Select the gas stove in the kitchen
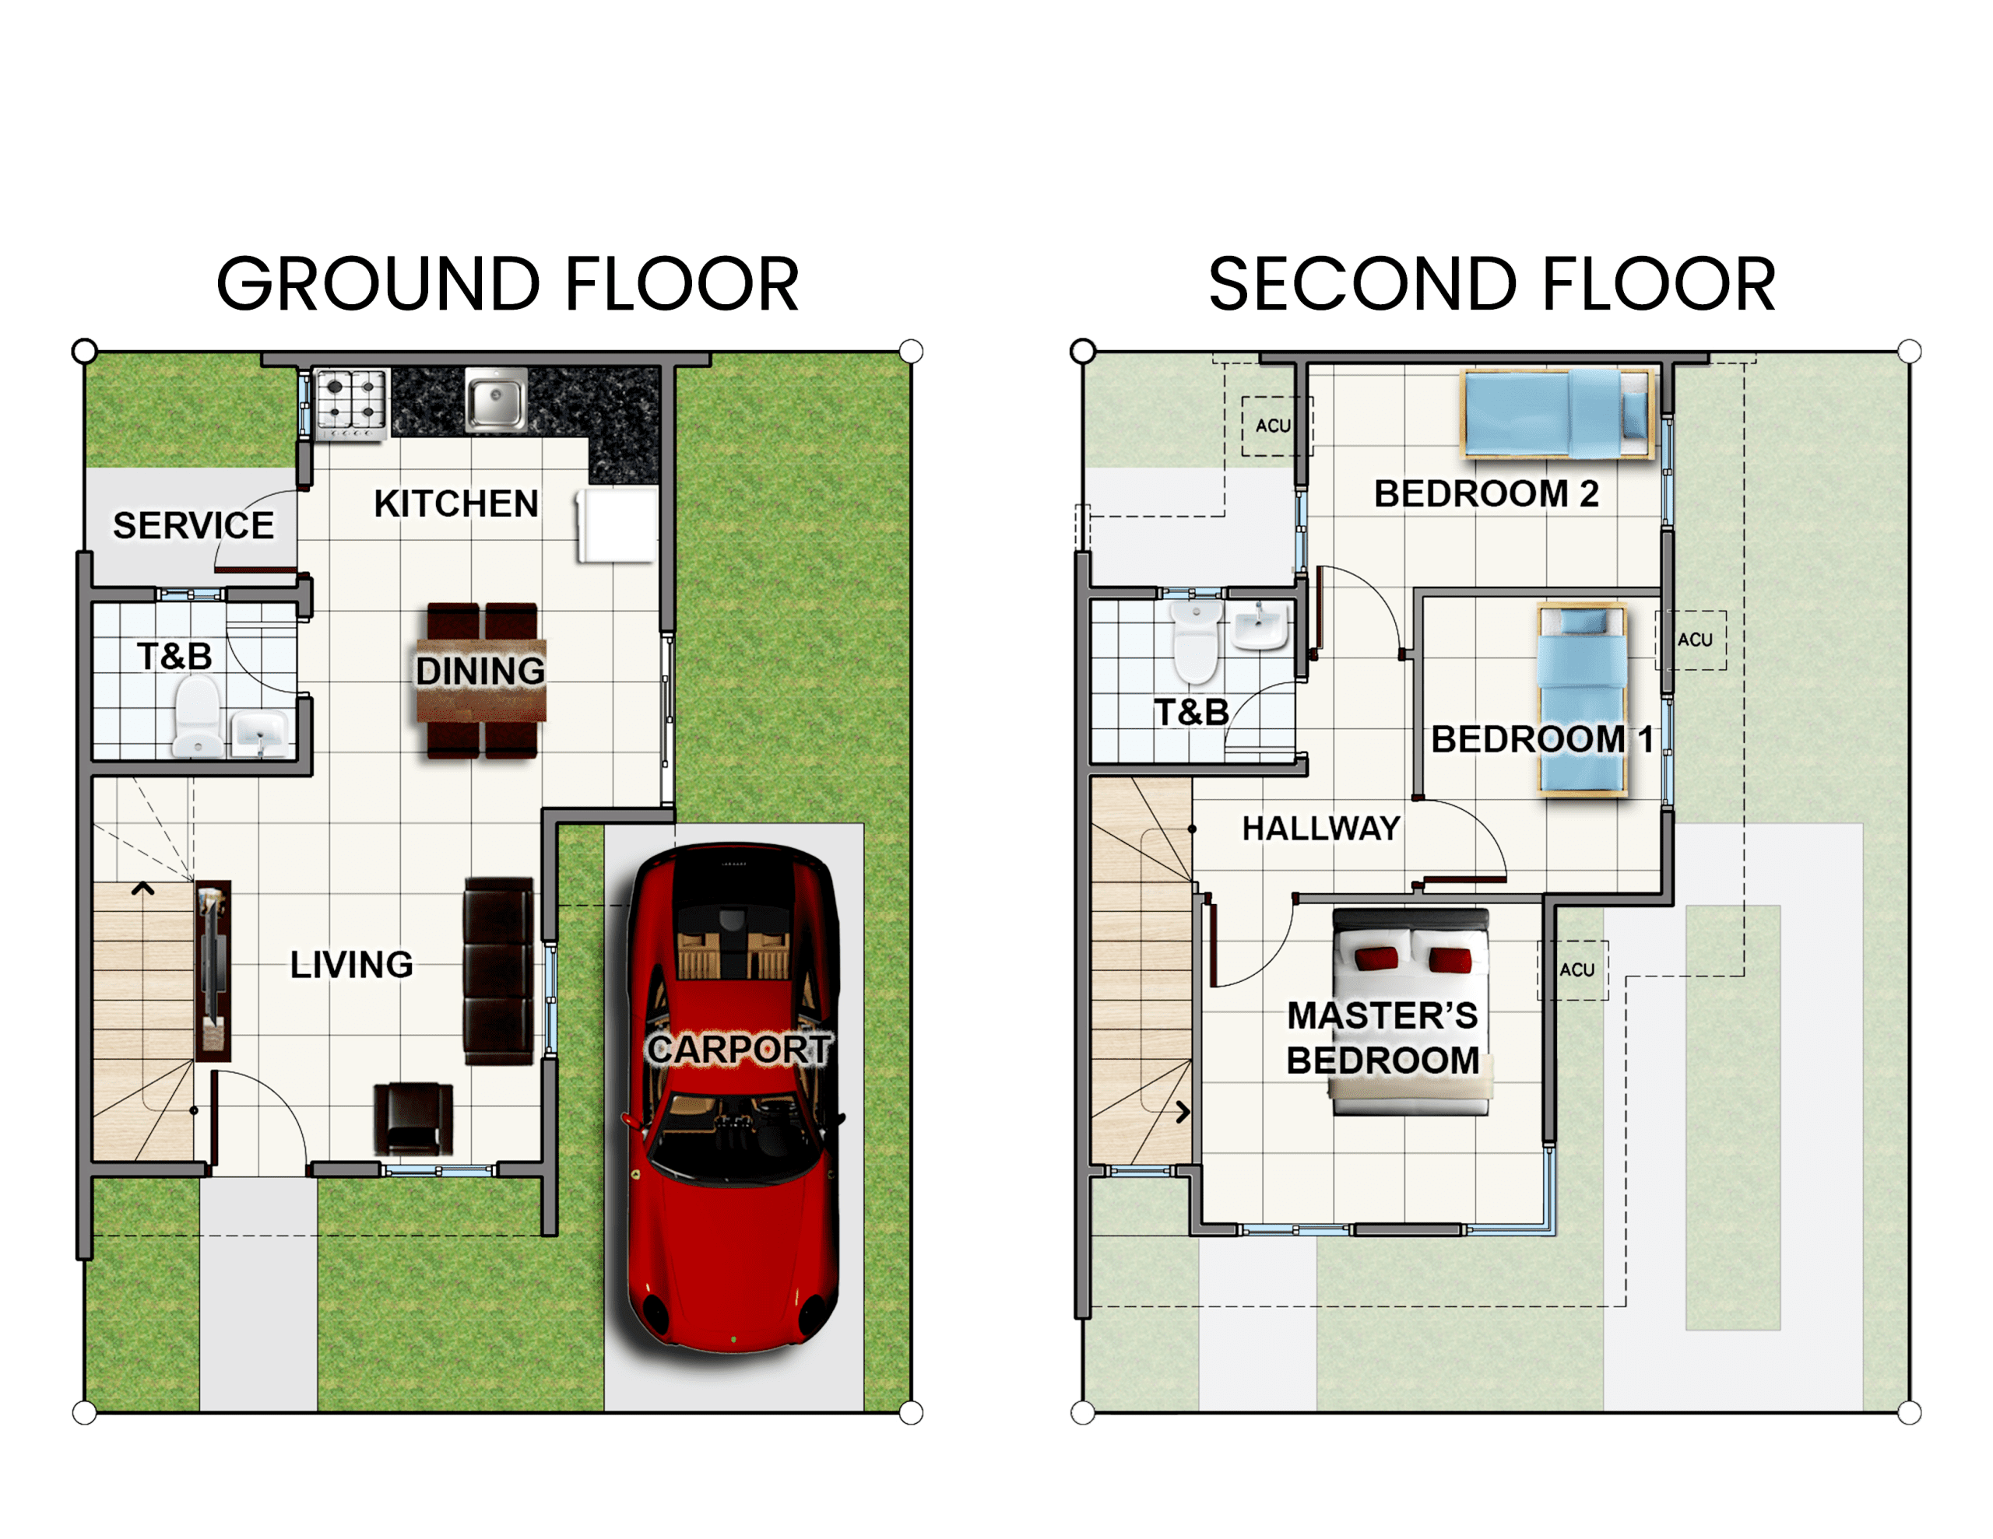tap(351, 404)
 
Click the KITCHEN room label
tap(456, 503)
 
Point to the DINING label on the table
tap(481, 671)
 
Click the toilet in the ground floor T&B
tap(198, 716)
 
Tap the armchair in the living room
tap(413, 1120)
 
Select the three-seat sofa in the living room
tap(498, 971)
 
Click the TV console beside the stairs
tap(213, 971)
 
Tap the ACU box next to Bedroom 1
tap(1691, 640)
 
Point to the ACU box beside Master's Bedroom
tap(1573, 971)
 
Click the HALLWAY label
tap(1321, 829)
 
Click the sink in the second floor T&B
tap(1260, 625)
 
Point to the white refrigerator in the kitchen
tap(617, 525)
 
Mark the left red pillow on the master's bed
tap(1376, 958)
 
